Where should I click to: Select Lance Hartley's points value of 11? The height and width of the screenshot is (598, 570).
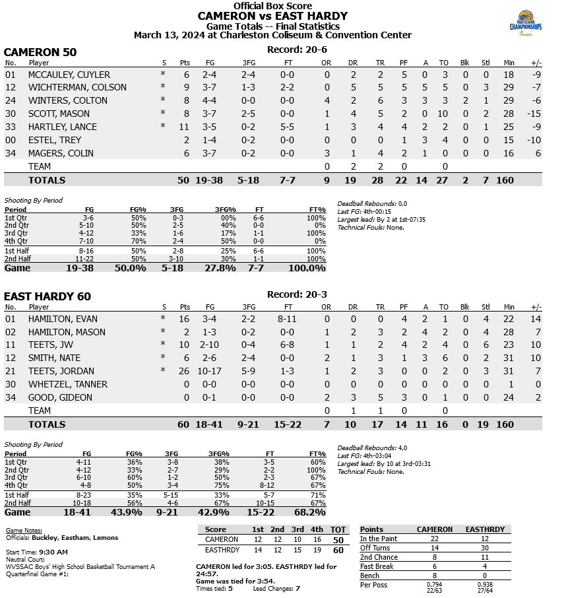[184, 127]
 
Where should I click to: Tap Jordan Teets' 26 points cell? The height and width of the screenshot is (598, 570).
[184, 371]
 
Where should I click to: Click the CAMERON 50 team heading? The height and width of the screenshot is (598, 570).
[40, 52]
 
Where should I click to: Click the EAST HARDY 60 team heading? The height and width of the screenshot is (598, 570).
[47, 296]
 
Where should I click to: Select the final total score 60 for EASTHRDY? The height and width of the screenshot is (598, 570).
[338, 550]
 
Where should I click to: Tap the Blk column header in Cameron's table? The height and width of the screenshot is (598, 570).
[465, 63]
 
